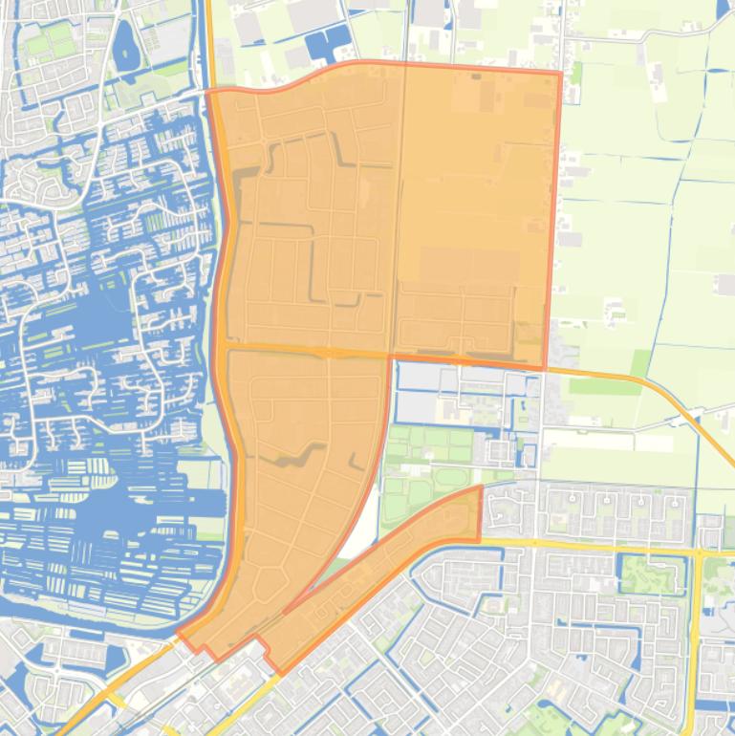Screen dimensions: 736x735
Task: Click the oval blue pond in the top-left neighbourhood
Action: point(124,47)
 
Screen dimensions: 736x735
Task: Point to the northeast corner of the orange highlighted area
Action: point(560,72)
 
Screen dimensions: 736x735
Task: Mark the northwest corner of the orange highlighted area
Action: point(208,92)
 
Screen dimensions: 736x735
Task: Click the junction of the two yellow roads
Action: point(699,552)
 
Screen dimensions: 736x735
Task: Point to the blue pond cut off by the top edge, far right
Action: point(723,10)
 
